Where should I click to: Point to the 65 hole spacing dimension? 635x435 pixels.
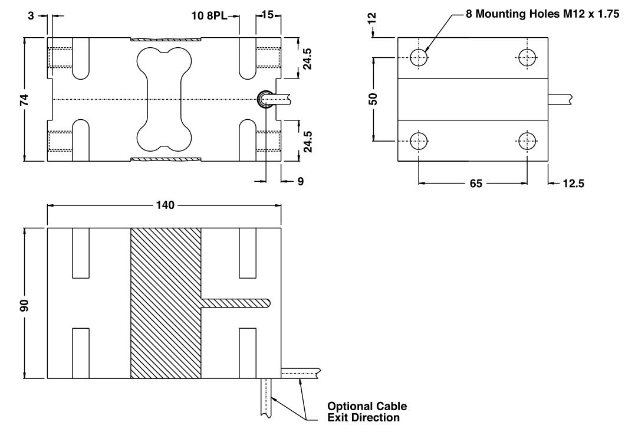coord(476,184)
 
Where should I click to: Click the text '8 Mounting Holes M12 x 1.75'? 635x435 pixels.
coord(542,15)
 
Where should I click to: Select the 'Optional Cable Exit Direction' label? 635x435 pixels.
coord(367,412)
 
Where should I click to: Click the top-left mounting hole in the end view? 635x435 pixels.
coord(419,57)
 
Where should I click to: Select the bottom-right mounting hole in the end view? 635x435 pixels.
coord(527,141)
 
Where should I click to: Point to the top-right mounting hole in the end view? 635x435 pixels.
coord(527,57)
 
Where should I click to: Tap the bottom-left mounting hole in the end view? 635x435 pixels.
coord(419,141)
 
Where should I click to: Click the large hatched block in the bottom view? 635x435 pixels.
coord(165,303)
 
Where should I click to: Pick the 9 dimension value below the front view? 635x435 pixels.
coord(300,182)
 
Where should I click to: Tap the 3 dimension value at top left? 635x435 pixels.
coord(31,15)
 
